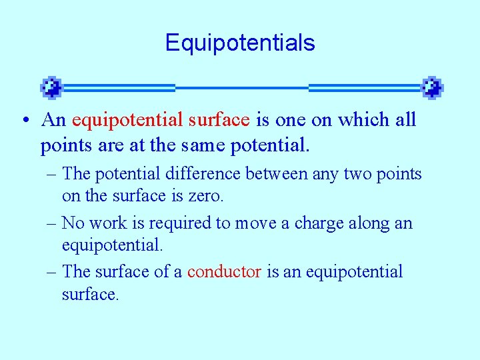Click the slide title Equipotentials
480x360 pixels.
pyautogui.click(x=240, y=43)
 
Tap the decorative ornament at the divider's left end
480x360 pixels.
pyautogui.click(x=51, y=87)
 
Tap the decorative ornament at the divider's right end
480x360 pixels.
pyautogui.click(x=432, y=87)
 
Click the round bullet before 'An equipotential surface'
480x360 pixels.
pyautogui.click(x=24, y=121)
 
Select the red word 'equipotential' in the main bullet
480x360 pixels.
pyautogui.click(x=127, y=121)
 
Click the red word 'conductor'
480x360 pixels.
pyautogui.click(x=224, y=272)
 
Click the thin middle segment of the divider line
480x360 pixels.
pyautogui.click(x=241, y=87)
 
